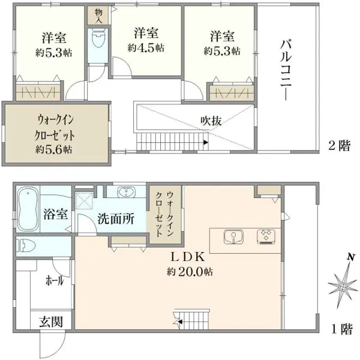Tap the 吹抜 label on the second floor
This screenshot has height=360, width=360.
pyautogui.click(x=211, y=121)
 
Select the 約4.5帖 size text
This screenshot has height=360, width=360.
pyautogui.click(x=146, y=49)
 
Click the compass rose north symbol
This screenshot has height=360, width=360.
pyautogui.click(x=341, y=287)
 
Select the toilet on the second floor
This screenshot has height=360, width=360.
pyautogui.click(x=95, y=41)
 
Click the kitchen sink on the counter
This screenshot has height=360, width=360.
pyautogui.click(x=232, y=236)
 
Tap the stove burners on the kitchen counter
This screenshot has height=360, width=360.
pyautogui.click(x=265, y=236)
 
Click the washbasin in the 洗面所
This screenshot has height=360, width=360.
pyautogui.click(x=126, y=193)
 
